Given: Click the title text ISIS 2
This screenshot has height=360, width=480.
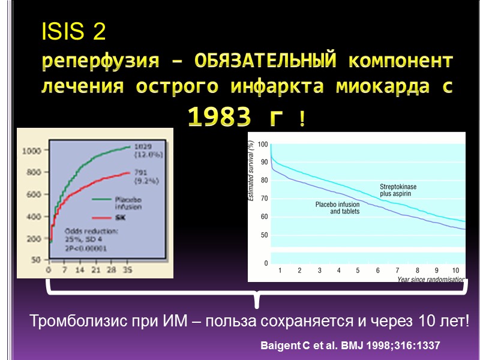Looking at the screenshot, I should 73,34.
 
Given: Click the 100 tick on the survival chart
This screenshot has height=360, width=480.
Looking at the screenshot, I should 263,145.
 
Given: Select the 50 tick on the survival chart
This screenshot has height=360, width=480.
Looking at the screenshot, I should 264,235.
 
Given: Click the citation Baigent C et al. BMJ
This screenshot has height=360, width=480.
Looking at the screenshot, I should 350,346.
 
